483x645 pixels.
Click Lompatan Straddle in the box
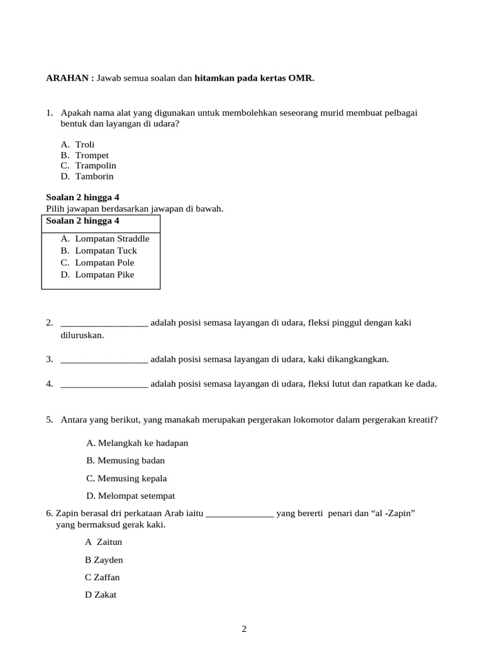106,239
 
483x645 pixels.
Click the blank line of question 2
104,324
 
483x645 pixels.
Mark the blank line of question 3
104,360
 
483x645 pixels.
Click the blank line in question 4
104,384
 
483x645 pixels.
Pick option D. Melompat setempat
131,496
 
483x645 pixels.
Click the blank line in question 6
240,514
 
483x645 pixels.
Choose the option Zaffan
102,577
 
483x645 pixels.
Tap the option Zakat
101,595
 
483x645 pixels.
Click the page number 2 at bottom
244,629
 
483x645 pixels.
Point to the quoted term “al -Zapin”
394,513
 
